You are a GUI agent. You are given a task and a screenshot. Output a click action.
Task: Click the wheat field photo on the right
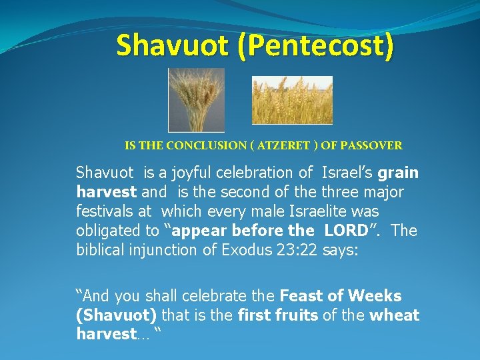(x=292, y=100)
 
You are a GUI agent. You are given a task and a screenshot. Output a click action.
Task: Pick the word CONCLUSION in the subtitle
(x=205, y=145)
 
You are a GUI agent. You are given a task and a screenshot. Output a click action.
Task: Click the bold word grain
(x=398, y=173)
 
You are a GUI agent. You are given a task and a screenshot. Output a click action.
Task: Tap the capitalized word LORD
(x=346, y=231)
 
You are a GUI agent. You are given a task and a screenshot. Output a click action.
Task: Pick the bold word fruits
(x=296, y=315)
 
